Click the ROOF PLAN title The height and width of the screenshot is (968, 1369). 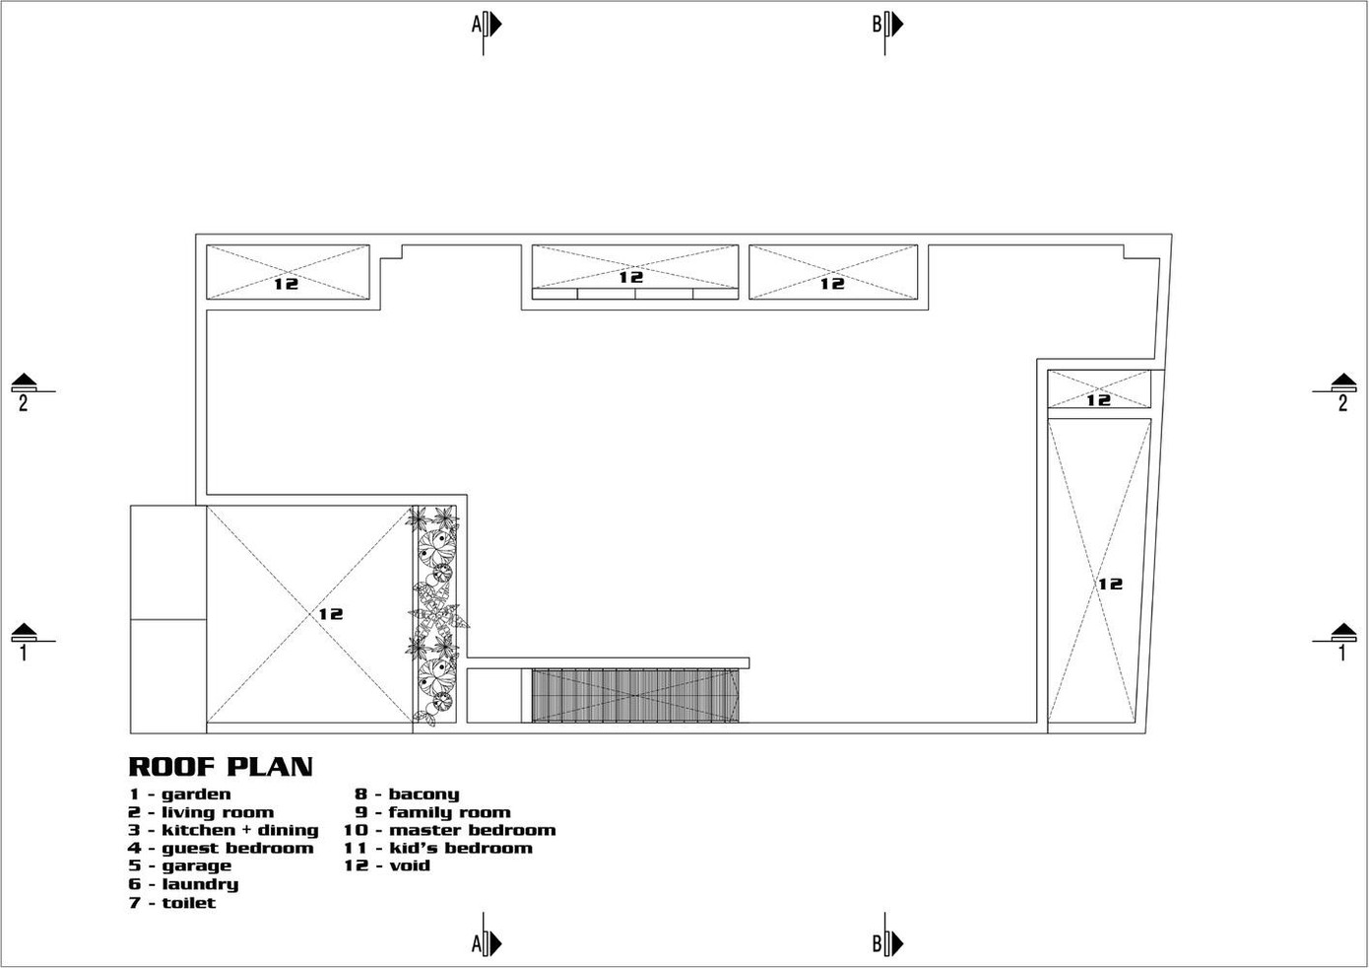tap(221, 767)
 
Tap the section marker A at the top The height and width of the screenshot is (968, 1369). tap(487, 25)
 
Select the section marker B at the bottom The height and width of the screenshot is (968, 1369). tap(887, 943)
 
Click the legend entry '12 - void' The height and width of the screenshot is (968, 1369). tap(387, 865)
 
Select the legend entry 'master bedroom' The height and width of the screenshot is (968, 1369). tap(473, 830)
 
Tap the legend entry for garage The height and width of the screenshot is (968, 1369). tap(180, 866)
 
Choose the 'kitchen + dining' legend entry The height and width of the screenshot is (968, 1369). tap(224, 830)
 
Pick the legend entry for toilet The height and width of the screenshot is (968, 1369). tap(172, 903)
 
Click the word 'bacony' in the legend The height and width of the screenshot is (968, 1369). tap(424, 795)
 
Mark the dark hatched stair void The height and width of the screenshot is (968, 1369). tap(635, 696)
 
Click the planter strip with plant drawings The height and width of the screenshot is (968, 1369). tap(434, 614)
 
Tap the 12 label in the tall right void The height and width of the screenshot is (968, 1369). tap(1111, 584)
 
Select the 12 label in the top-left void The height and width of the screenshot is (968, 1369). tap(286, 284)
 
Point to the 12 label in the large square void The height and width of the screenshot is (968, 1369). tap(331, 613)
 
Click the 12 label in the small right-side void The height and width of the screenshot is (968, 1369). tap(1098, 400)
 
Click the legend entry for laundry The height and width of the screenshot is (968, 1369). tap(184, 884)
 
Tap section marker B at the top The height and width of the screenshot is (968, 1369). tap(887, 25)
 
